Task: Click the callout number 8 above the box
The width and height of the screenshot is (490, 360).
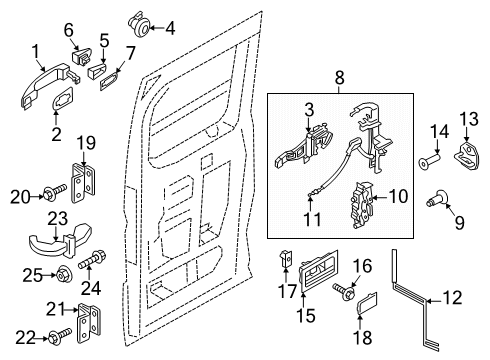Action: (x=339, y=78)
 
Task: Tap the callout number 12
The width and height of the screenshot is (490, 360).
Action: (x=452, y=298)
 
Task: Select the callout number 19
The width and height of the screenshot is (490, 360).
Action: (x=86, y=143)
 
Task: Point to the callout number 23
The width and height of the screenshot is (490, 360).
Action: (x=58, y=219)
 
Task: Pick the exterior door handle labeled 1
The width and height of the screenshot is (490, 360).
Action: (x=48, y=84)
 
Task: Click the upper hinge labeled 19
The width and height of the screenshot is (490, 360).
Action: (x=83, y=183)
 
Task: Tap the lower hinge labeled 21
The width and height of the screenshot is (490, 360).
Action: (x=89, y=323)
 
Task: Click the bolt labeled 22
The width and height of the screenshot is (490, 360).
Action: (x=60, y=335)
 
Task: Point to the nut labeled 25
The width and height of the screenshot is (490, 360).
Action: (x=63, y=275)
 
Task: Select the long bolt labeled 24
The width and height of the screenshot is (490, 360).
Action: (x=92, y=260)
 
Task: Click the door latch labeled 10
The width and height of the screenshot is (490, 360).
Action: (x=362, y=205)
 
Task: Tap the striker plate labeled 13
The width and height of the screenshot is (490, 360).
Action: (x=467, y=155)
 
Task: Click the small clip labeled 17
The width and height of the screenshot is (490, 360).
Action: (x=286, y=258)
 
